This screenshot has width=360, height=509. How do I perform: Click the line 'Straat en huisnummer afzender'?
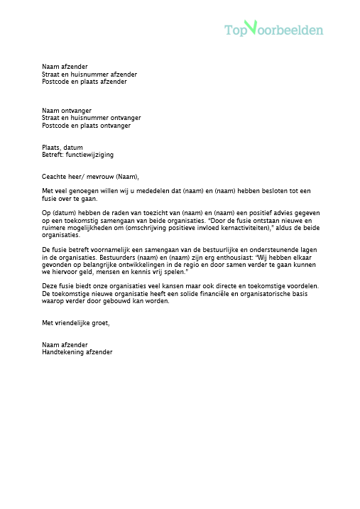point(89,74)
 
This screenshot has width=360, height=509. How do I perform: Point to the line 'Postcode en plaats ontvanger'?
point(86,126)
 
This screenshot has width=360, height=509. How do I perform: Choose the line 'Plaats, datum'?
point(62,147)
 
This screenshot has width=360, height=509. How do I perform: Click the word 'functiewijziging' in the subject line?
point(89,154)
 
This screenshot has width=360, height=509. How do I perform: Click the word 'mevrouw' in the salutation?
point(109,176)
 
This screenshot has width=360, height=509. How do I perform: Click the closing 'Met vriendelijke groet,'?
point(76,323)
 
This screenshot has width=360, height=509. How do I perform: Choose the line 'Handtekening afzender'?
point(77,352)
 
